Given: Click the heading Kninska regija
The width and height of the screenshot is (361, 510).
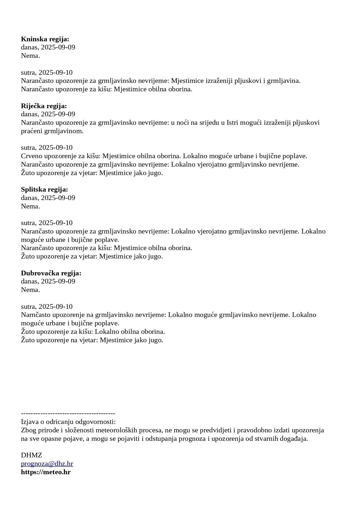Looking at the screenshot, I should [45, 39].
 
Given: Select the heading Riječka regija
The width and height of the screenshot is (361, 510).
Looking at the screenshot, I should [44, 106].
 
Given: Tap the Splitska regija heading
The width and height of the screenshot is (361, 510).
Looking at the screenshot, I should [44, 190].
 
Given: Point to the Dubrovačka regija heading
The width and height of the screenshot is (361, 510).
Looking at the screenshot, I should [51, 273].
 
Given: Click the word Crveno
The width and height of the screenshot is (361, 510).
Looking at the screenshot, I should [31, 156].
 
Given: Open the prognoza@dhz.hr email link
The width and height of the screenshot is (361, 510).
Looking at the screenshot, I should [47, 464].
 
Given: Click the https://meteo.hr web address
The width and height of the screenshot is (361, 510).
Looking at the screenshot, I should [46, 472].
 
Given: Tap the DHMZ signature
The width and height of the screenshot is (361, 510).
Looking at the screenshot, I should [31, 455].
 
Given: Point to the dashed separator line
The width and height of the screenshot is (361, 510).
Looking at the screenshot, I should [68, 413].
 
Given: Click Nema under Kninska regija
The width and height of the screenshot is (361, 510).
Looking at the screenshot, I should [30, 56].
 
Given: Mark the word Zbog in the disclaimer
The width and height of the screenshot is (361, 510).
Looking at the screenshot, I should [28, 430].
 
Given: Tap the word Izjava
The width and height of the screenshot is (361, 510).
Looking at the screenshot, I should [30, 422].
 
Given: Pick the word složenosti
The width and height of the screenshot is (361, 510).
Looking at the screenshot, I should [74, 430].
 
